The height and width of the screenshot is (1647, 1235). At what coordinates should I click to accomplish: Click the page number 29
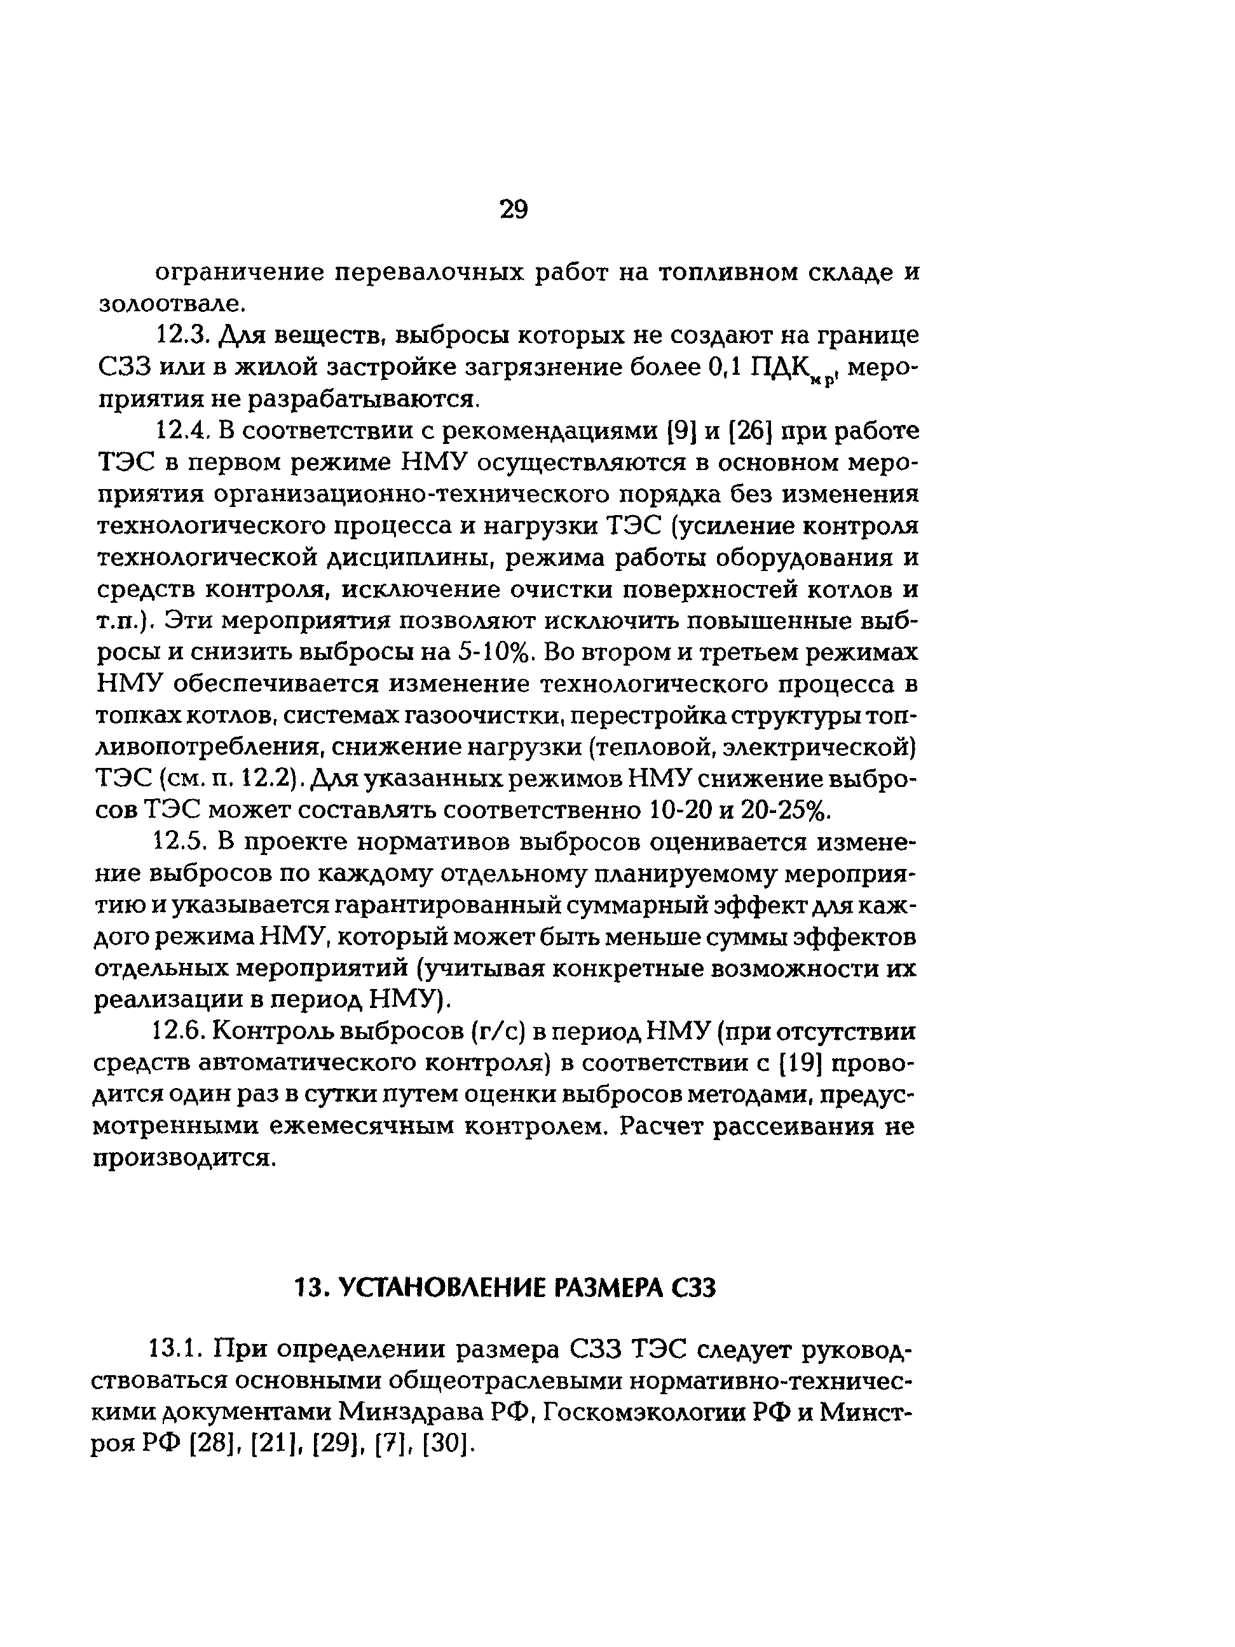[513, 210]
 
